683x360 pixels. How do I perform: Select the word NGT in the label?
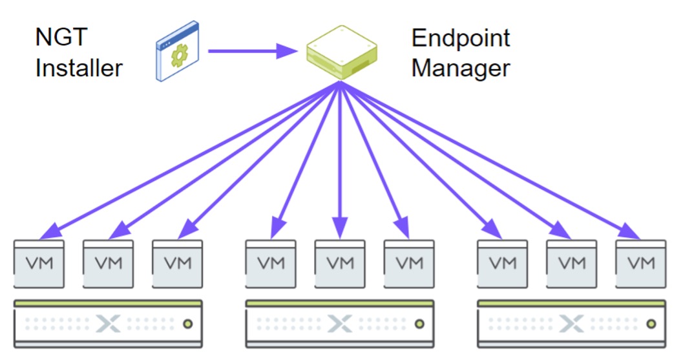(x=61, y=37)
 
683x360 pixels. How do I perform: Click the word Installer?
(x=79, y=67)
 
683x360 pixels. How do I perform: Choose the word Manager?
(x=461, y=67)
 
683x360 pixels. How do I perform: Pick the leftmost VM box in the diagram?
(x=39, y=263)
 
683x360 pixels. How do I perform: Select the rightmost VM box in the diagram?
(x=641, y=263)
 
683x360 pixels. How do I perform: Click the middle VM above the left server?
(x=109, y=263)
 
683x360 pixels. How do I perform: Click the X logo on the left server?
(x=109, y=323)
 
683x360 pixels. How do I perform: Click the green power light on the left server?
(x=187, y=323)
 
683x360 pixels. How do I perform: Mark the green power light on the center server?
(x=419, y=323)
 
